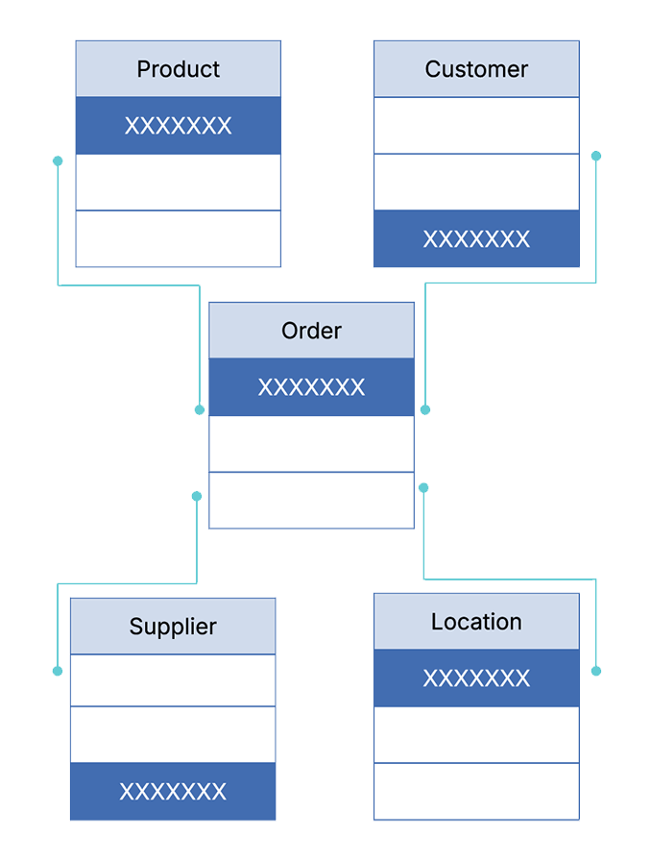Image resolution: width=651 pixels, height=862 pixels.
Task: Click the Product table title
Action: (x=178, y=69)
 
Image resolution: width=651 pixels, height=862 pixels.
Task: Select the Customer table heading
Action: (x=476, y=69)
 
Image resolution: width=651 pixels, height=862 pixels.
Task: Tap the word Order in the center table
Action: (x=311, y=331)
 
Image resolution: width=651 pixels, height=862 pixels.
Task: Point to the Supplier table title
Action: (x=173, y=627)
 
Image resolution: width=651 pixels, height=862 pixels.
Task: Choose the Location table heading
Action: (x=476, y=622)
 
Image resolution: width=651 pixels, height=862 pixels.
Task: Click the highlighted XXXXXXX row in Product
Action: (x=178, y=126)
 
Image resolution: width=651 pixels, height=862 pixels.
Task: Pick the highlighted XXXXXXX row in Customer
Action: (x=476, y=239)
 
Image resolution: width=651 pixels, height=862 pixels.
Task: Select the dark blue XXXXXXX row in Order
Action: (x=311, y=387)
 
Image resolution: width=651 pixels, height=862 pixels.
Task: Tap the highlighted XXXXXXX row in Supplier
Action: (x=173, y=792)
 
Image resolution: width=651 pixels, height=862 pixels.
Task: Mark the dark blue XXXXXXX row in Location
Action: (x=476, y=678)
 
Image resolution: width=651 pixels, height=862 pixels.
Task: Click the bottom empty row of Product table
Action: (x=178, y=238)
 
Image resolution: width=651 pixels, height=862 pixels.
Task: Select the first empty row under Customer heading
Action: (x=476, y=126)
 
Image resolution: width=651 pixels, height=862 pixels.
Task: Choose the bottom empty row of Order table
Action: (x=311, y=500)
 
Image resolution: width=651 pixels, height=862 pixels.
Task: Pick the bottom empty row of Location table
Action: (x=476, y=791)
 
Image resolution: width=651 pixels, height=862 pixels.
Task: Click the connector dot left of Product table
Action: (x=58, y=161)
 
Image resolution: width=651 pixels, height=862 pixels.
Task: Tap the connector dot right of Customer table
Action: (x=596, y=155)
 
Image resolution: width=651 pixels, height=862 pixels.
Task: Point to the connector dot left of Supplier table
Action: (x=58, y=671)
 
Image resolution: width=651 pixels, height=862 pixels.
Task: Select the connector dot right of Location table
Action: (x=596, y=671)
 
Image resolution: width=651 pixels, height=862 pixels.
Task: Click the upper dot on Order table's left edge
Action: (x=200, y=410)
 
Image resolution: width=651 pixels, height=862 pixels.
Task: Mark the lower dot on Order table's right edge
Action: (x=423, y=488)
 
